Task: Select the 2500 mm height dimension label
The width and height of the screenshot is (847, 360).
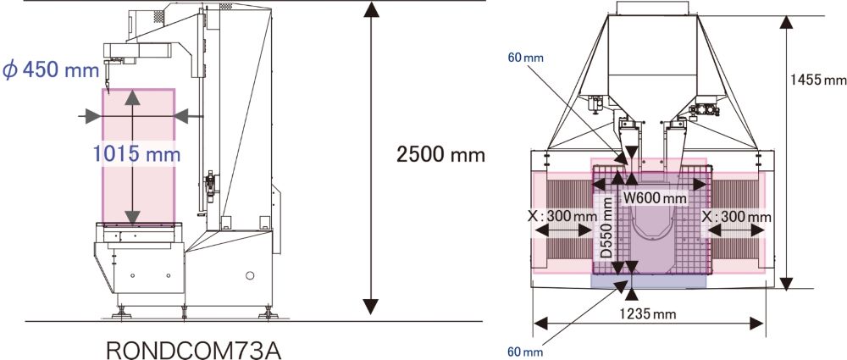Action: [x=440, y=155]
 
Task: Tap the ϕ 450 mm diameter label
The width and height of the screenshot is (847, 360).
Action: [x=51, y=69]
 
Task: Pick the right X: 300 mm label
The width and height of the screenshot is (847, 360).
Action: [x=737, y=217]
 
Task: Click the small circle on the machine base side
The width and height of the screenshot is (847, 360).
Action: [x=249, y=276]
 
